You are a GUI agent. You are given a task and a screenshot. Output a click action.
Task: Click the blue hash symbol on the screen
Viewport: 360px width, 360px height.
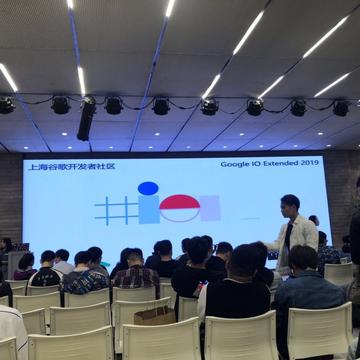click(115, 210)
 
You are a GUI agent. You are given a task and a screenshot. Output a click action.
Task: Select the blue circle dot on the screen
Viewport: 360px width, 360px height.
click(148, 188)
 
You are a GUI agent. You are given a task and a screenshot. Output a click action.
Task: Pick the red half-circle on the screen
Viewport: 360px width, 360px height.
click(180, 203)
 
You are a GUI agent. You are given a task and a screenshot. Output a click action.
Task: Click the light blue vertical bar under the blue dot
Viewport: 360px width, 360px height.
click(148, 210)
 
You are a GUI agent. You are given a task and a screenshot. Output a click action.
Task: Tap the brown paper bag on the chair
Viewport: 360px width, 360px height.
click(155, 314)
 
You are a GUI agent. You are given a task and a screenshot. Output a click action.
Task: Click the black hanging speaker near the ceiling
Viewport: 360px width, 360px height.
click(87, 118)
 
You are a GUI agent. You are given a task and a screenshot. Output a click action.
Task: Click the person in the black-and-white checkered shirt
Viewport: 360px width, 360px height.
click(85, 276)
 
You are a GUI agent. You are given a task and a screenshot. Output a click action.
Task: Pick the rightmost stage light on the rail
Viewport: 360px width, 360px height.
click(340, 107)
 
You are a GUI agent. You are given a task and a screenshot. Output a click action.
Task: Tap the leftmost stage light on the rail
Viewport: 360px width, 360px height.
click(6, 104)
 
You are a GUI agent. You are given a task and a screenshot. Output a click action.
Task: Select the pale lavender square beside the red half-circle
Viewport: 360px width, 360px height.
click(209, 208)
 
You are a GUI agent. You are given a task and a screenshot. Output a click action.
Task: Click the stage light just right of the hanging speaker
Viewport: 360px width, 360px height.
click(113, 105)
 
